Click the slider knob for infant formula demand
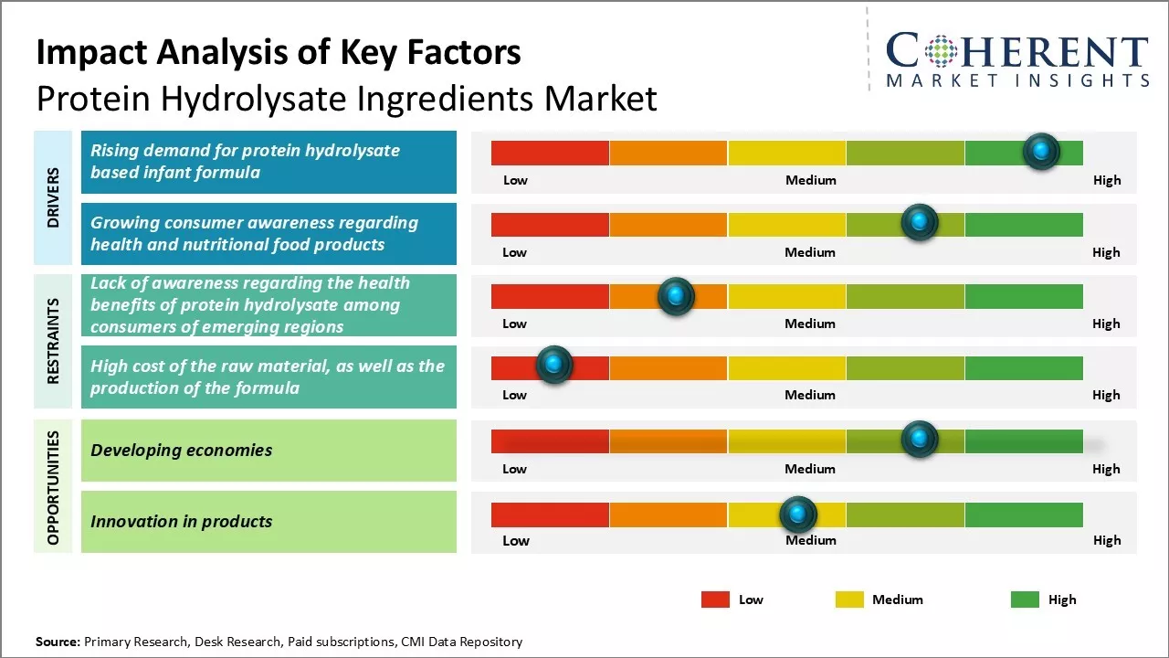click(1041, 151)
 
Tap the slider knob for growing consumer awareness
click(920, 222)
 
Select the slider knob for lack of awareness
click(676, 295)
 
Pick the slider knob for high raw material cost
click(553, 365)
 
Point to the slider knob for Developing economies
click(920, 440)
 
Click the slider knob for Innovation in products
click(798, 515)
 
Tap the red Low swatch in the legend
click(715, 600)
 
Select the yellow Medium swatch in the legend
click(849, 600)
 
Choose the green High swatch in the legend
click(1025, 600)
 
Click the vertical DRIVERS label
click(53, 197)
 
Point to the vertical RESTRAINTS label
click(53, 340)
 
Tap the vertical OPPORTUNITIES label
click(53, 488)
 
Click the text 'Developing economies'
click(182, 450)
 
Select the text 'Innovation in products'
click(182, 522)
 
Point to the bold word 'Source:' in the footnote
click(58, 642)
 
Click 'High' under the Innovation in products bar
click(1107, 540)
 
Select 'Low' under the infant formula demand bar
click(515, 180)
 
